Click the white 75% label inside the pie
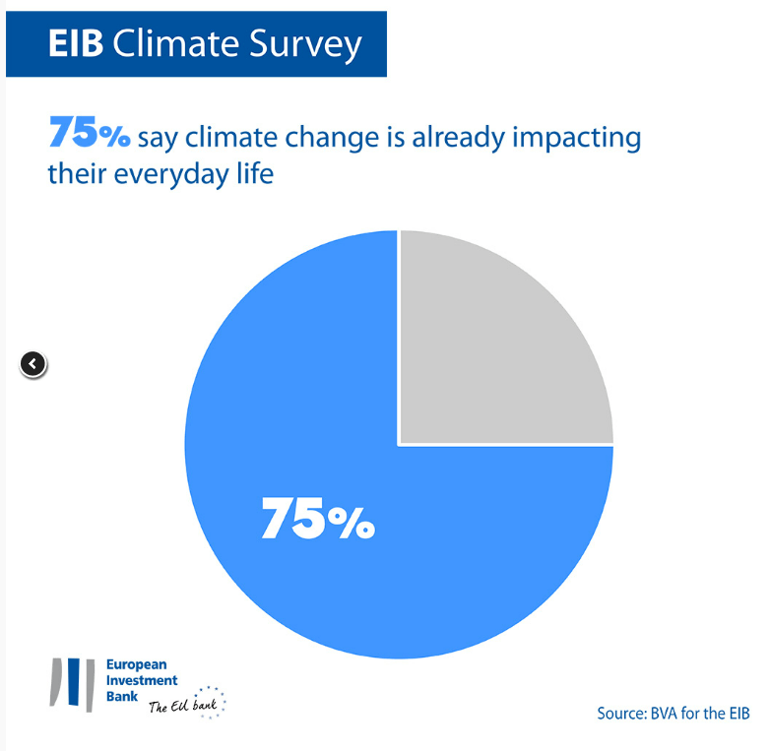pos(318,519)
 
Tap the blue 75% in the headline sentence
pos(90,132)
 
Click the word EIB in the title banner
pos(76,43)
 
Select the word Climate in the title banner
pos(176,43)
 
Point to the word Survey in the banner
pos(305,45)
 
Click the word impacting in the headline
pos(577,138)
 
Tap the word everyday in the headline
pos(172,175)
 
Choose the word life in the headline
pos(255,173)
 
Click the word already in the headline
pos(458,138)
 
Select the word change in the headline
pos(332,138)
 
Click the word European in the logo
pos(137,664)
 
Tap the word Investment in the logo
pos(142,680)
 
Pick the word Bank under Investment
pos(122,696)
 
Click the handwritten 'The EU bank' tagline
pos(183,706)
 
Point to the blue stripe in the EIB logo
pos(74,681)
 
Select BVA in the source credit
pos(665,714)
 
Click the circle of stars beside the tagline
pos(210,702)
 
